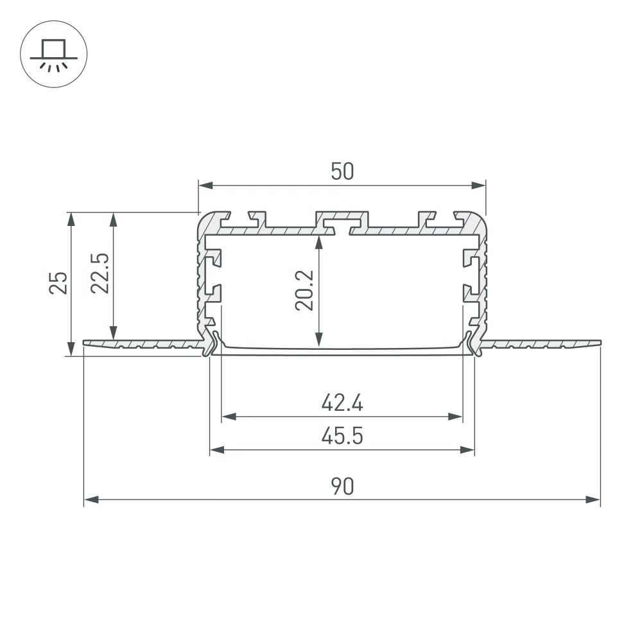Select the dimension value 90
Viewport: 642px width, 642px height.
342,487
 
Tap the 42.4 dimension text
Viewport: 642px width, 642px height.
342,404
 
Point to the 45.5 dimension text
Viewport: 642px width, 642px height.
342,437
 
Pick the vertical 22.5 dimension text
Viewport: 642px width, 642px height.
100,274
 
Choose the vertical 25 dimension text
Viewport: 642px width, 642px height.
58,282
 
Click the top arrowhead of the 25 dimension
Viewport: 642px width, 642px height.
71,220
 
